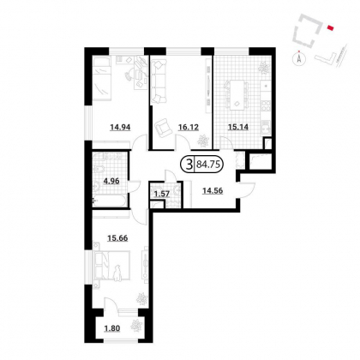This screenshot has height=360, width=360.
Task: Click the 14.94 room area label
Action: pyautogui.click(x=120, y=127)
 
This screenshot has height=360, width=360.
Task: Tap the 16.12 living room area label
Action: pyautogui.click(x=189, y=127)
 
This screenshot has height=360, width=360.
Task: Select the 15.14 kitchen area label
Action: pyautogui.click(x=238, y=127)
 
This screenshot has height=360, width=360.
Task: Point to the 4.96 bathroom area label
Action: pyautogui.click(x=111, y=181)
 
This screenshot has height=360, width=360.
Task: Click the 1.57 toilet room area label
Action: pyautogui.click(x=162, y=195)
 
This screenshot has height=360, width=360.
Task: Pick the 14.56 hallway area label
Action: pyautogui.click(x=213, y=190)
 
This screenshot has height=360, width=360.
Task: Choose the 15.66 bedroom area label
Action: pyautogui.click(x=117, y=237)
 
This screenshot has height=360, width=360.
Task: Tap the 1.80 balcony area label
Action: pyautogui.click(x=112, y=328)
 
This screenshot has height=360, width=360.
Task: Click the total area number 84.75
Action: pyautogui.click(x=207, y=165)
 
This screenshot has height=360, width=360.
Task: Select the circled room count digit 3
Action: pyautogui.click(x=189, y=165)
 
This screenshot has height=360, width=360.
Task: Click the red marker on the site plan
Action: pyautogui.click(x=330, y=27)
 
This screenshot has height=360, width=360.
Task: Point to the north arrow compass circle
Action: pyautogui.click(x=299, y=59)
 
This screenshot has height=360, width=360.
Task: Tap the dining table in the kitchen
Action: pyautogui.click(x=237, y=95)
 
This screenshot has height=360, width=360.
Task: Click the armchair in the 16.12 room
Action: pyautogui.click(x=162, y=127)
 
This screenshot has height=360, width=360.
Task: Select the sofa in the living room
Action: pyautogui.click(x=158, y=81)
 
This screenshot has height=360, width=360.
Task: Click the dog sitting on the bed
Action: pyautogui.click(x=117, y=273)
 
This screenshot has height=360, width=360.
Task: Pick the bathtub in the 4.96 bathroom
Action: pyautogui.click(x=110, y=201)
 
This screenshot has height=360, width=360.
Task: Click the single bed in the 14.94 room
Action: pyautogui.click(x=101, y=79)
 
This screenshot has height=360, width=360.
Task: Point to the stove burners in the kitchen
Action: pyautogui.click(x=267, y=105)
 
